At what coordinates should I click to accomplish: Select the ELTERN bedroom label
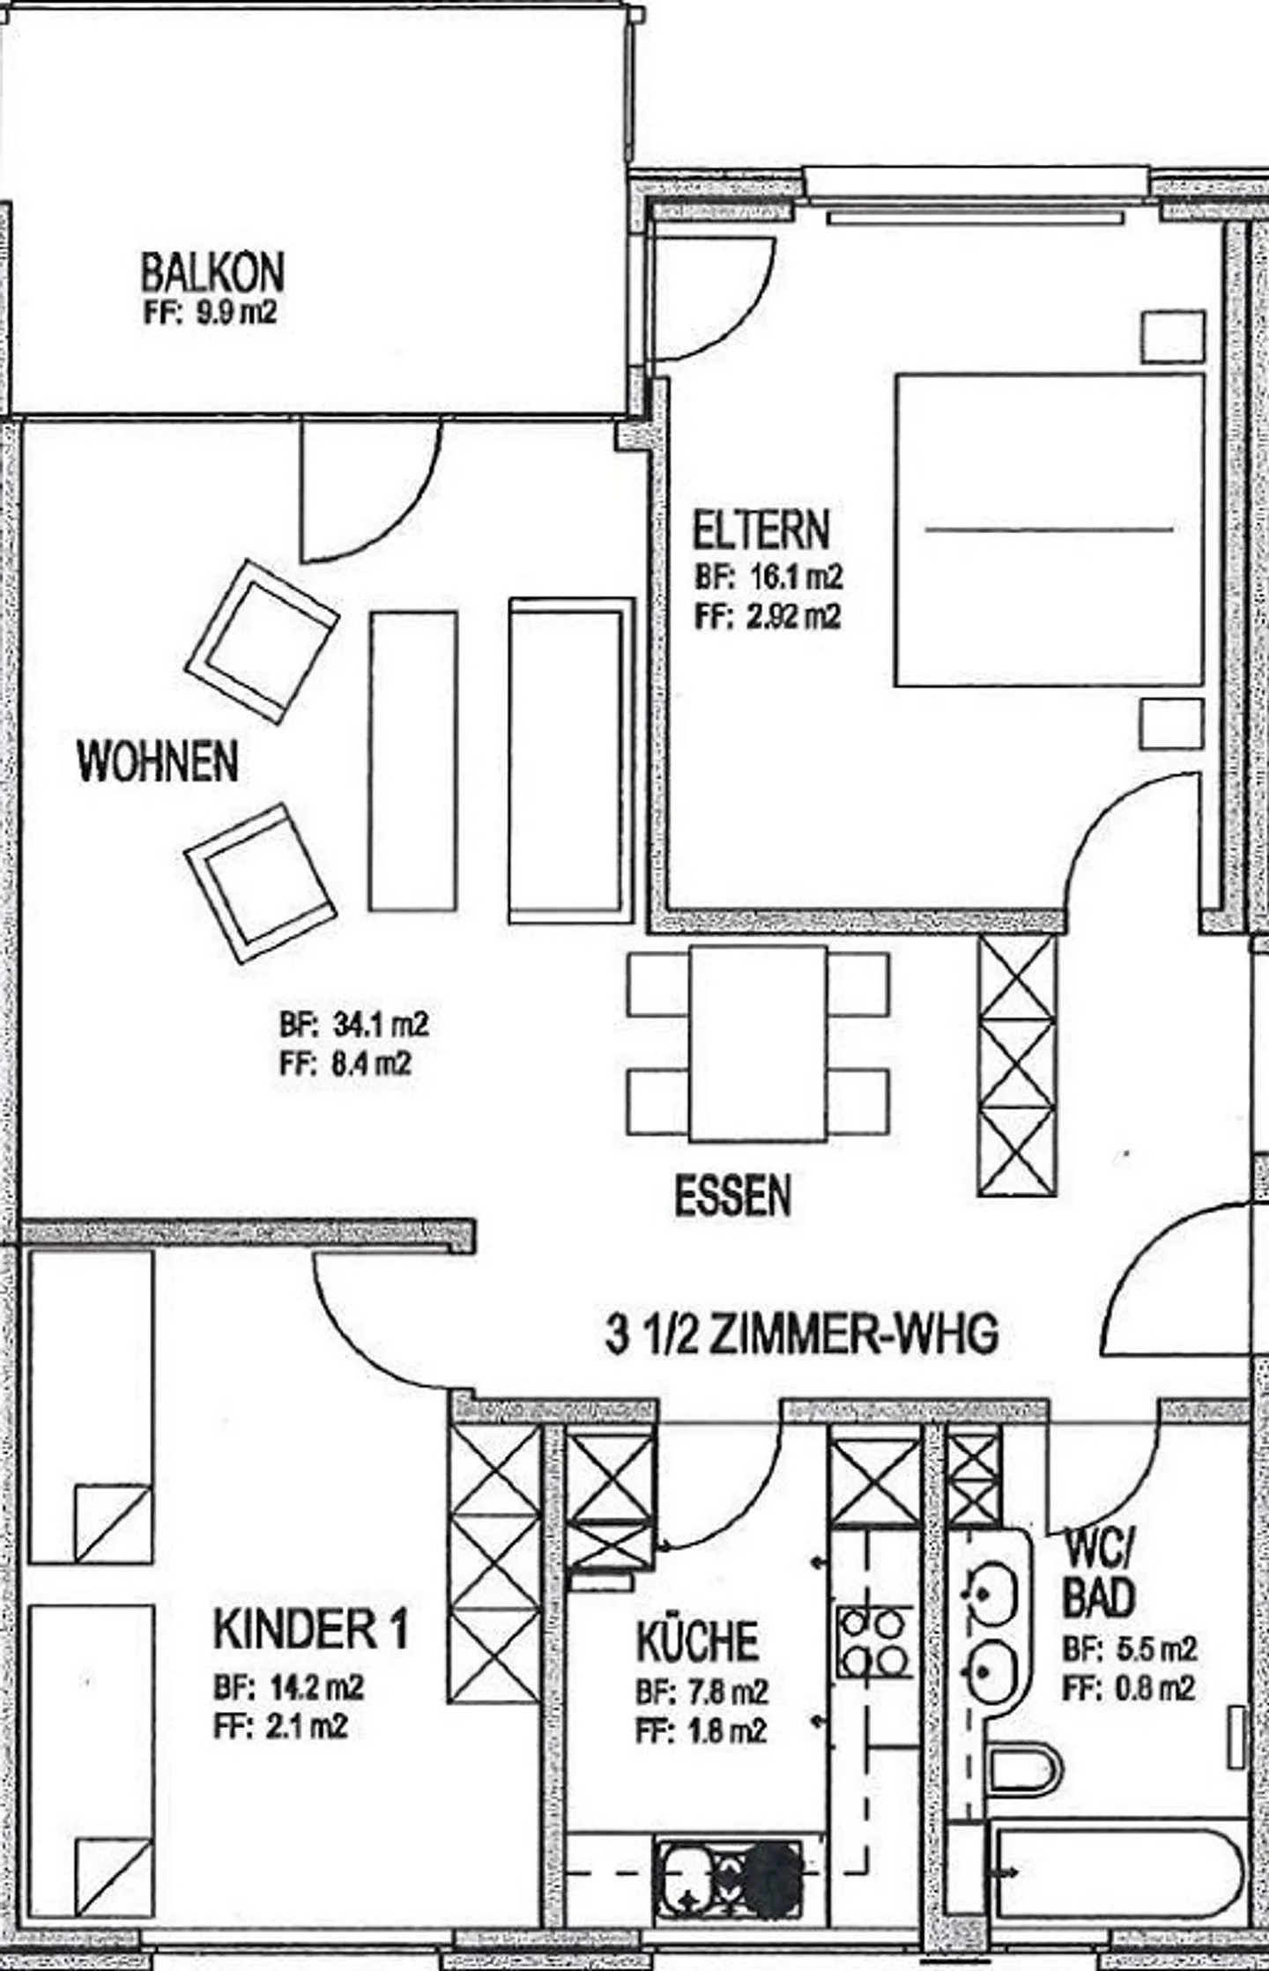pyautogui.click(x=761, y=530)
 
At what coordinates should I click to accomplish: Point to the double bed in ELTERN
pyautogui.click(x=1050, y=530)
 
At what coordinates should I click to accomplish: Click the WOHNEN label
pyautogui.click(x=159, y=761)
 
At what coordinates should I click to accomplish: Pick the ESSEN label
pyautogui.click(x=733, y=1196)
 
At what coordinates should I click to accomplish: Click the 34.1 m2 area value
pyautogui.click(x=381, y=1025)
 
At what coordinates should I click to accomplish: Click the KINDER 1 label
pyautogui.click(x=311, y=1629)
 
